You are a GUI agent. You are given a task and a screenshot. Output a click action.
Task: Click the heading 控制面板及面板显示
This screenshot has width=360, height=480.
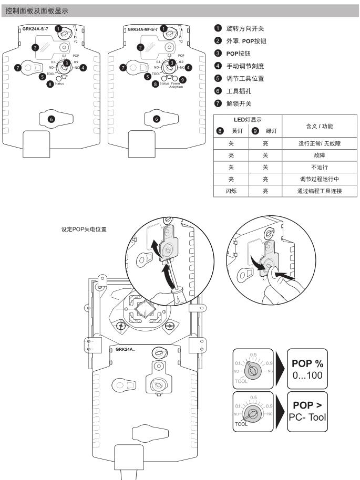point(35,9)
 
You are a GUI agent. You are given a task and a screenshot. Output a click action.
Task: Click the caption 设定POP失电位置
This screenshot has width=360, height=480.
point(84,229)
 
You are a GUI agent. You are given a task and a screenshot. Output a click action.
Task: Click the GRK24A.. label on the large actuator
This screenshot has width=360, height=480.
point(125,349)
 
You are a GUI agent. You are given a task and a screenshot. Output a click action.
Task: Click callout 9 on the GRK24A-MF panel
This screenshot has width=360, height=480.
point(182,79)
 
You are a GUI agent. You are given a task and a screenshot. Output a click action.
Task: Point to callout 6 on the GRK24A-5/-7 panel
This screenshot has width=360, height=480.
point(51,119)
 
